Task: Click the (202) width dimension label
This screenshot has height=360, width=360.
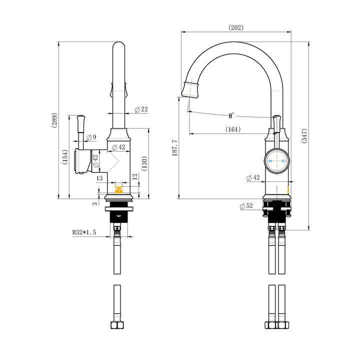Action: click(x=236, y=27)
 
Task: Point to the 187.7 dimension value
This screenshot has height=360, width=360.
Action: click(x=174, y=147)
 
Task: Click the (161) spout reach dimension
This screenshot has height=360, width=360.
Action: click(x=233, y=129)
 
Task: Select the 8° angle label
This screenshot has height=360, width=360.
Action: click(x=231, y=115)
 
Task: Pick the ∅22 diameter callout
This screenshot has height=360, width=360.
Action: click(x=141, y=109)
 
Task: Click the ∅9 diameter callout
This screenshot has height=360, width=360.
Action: click(x=91, y=137)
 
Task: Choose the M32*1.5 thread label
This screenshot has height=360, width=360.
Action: click(x=84, y=232)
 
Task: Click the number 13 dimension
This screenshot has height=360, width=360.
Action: click(x=99, y=177)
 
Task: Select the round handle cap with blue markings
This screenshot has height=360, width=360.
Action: click(x=275, y=161)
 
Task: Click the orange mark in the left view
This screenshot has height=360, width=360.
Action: click(x=119, y=189)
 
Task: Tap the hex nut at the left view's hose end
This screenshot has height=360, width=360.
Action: click(x=117, y=324)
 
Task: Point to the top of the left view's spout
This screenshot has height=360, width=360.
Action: click(x=118, y=44)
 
